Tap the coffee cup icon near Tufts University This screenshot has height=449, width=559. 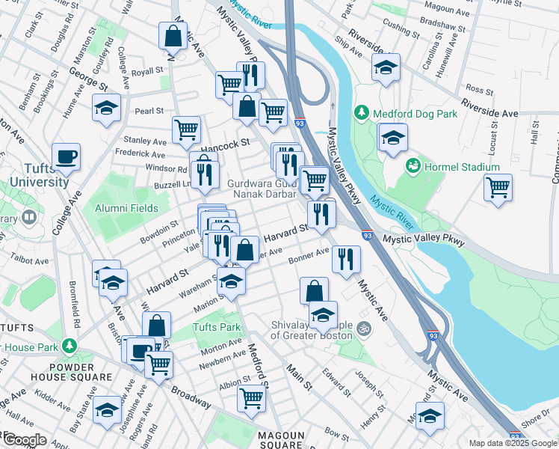point(67,156)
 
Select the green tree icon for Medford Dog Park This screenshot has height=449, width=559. point(362,112)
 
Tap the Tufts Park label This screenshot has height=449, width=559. point(217,327)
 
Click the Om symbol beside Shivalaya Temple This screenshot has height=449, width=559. point(364,327)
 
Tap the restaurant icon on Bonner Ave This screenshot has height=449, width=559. point(346,259)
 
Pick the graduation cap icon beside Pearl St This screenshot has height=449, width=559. point(107,107)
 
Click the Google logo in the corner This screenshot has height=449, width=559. point(24,440)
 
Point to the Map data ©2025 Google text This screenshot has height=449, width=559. point(513,443)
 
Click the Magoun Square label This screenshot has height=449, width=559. point(281,440)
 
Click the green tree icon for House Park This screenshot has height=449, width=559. point(70,346)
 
